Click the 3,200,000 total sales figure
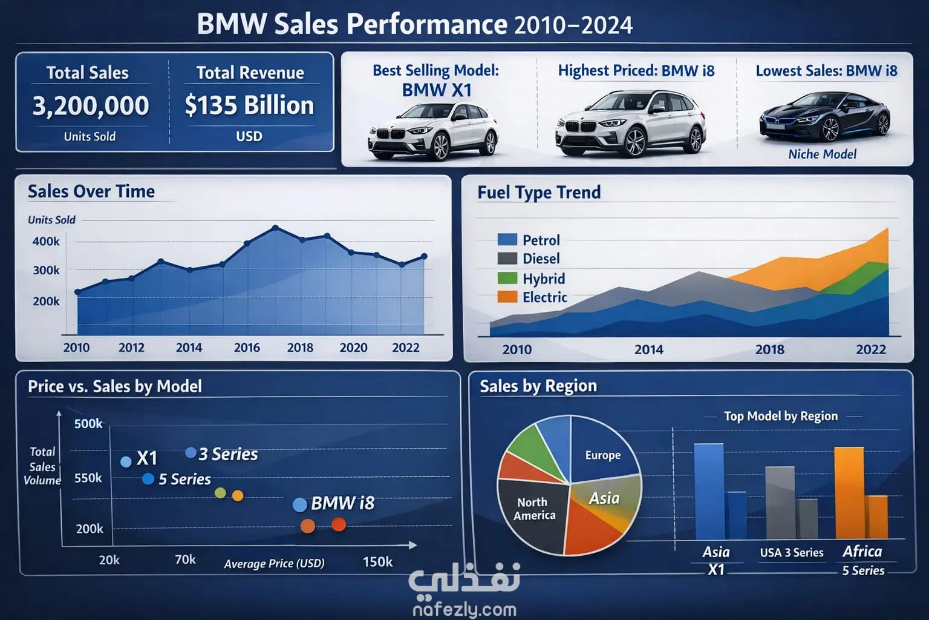click(x=90, y=105)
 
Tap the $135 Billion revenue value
click(x=249, y=105)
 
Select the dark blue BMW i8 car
click(x=824, y=116)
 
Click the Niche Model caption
click(x=822, y=154)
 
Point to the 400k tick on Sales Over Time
click(x=46, y=241)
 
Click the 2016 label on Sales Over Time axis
click(x=247, y=348)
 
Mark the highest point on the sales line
click(x=275, y=228)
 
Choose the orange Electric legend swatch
click(x=507, y=297)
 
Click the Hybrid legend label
click(x=544, y=279)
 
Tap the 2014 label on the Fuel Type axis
click(x=648, y=349)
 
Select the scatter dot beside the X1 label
click(x=126, y=461)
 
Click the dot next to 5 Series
click(x=148, y=479)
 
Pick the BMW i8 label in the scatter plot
click(x=342, y=503)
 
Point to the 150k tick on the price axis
click(x=377, y=562)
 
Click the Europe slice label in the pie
click(x=603, y=455)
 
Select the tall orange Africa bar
click(x=849, y=492)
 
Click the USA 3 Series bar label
click(x=792, y=553)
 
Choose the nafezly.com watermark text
click(x=464, y=610)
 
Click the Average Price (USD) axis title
click(x=274, y=564)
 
